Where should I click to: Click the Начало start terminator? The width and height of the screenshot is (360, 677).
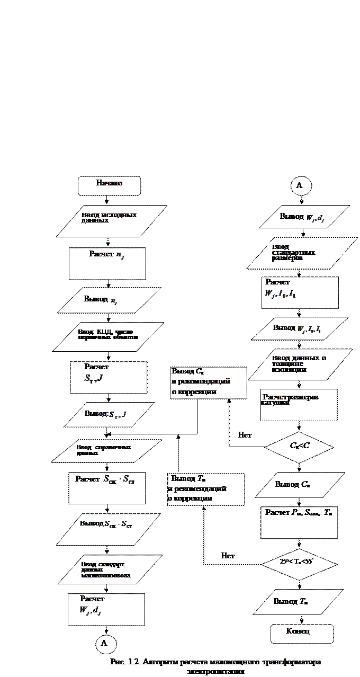(110, 185)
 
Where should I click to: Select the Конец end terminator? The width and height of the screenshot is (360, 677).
(302, 634)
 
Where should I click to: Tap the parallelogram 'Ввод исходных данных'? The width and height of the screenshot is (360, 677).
(112, 220)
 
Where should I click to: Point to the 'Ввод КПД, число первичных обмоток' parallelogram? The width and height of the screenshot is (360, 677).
(108, 336)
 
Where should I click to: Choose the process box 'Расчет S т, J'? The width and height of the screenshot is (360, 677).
(109, 377)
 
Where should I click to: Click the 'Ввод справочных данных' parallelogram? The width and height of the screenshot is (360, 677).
(106, 451)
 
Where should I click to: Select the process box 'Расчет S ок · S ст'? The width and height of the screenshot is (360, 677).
(107, 488)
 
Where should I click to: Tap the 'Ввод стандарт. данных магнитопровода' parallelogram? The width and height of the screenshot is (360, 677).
(109, 569)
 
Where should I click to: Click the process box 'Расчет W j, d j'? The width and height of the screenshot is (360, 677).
(106, 609)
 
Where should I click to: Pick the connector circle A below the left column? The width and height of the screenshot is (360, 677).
(104, 643)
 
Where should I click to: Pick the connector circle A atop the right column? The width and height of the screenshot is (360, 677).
(300, 186)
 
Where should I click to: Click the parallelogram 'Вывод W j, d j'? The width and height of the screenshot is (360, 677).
(304, 217)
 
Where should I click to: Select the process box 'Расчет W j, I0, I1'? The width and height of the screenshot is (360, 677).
(300, 292)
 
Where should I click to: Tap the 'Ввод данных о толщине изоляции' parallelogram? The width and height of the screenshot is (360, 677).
(300, 364)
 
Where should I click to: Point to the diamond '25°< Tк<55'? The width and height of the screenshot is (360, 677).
(299, 564)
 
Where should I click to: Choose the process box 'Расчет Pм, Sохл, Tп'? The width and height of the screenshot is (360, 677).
(299, 522)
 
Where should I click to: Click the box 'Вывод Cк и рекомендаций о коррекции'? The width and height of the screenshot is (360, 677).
(208, 382)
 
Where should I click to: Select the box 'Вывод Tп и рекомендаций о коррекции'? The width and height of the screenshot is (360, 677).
(206, 489)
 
